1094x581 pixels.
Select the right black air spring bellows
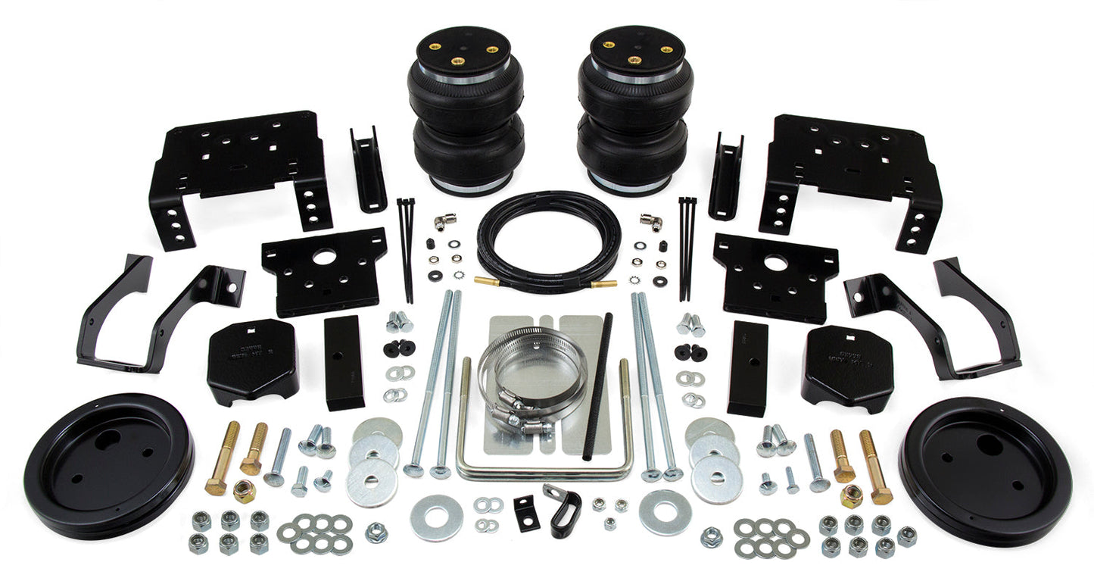click(x=634, y=121)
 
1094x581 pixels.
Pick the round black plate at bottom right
click(x=985, y=470)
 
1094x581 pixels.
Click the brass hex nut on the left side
click(x=244, y=492)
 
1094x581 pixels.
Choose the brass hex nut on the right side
click(x=851, y=496)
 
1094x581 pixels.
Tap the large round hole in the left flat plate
click(x=324, y=258)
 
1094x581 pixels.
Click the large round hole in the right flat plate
click(x=775, y=264)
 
